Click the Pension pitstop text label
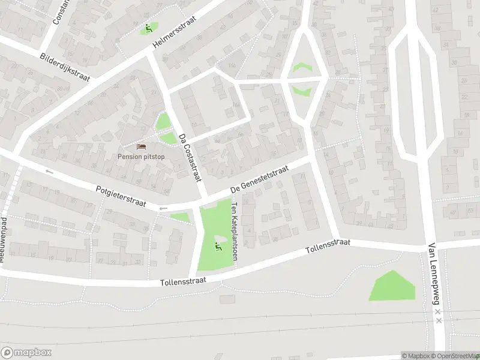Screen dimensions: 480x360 [x=142, y=157]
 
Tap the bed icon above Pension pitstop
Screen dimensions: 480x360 [x=142, y=146]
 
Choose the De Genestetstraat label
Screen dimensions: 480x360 [x=260, y=179]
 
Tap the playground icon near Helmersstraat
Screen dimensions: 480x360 [x=148, y=28]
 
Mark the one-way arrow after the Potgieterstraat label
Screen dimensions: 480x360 [x=162, y=208]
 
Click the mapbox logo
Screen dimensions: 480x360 [x=26, y=353]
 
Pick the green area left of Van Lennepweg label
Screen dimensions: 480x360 [x=392, y=286]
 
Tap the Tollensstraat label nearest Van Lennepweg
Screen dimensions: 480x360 [x=327, y=246]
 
